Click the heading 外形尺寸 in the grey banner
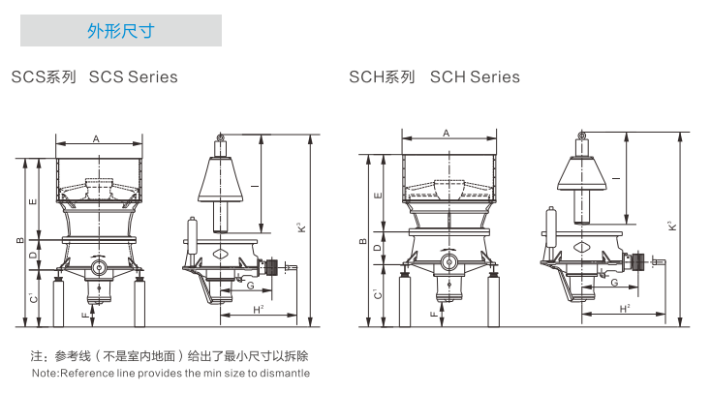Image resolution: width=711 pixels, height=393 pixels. (x=121, y=31)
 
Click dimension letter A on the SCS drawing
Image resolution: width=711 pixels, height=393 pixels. (x=96, y=139)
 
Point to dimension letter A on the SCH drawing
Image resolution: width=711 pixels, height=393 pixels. (x=446, y=133)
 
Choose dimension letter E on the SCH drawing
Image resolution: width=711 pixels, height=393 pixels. (x=377, y=195)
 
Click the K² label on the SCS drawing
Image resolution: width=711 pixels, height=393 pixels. (x=300, y=228)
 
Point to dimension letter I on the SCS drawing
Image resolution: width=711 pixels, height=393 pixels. (x=253, y=184)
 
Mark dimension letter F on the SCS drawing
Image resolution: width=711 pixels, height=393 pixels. (x=84, y=316)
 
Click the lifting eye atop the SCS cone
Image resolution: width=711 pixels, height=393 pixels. (x=220, y=142)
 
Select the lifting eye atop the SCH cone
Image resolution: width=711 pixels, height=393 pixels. (x=581, y=136)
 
